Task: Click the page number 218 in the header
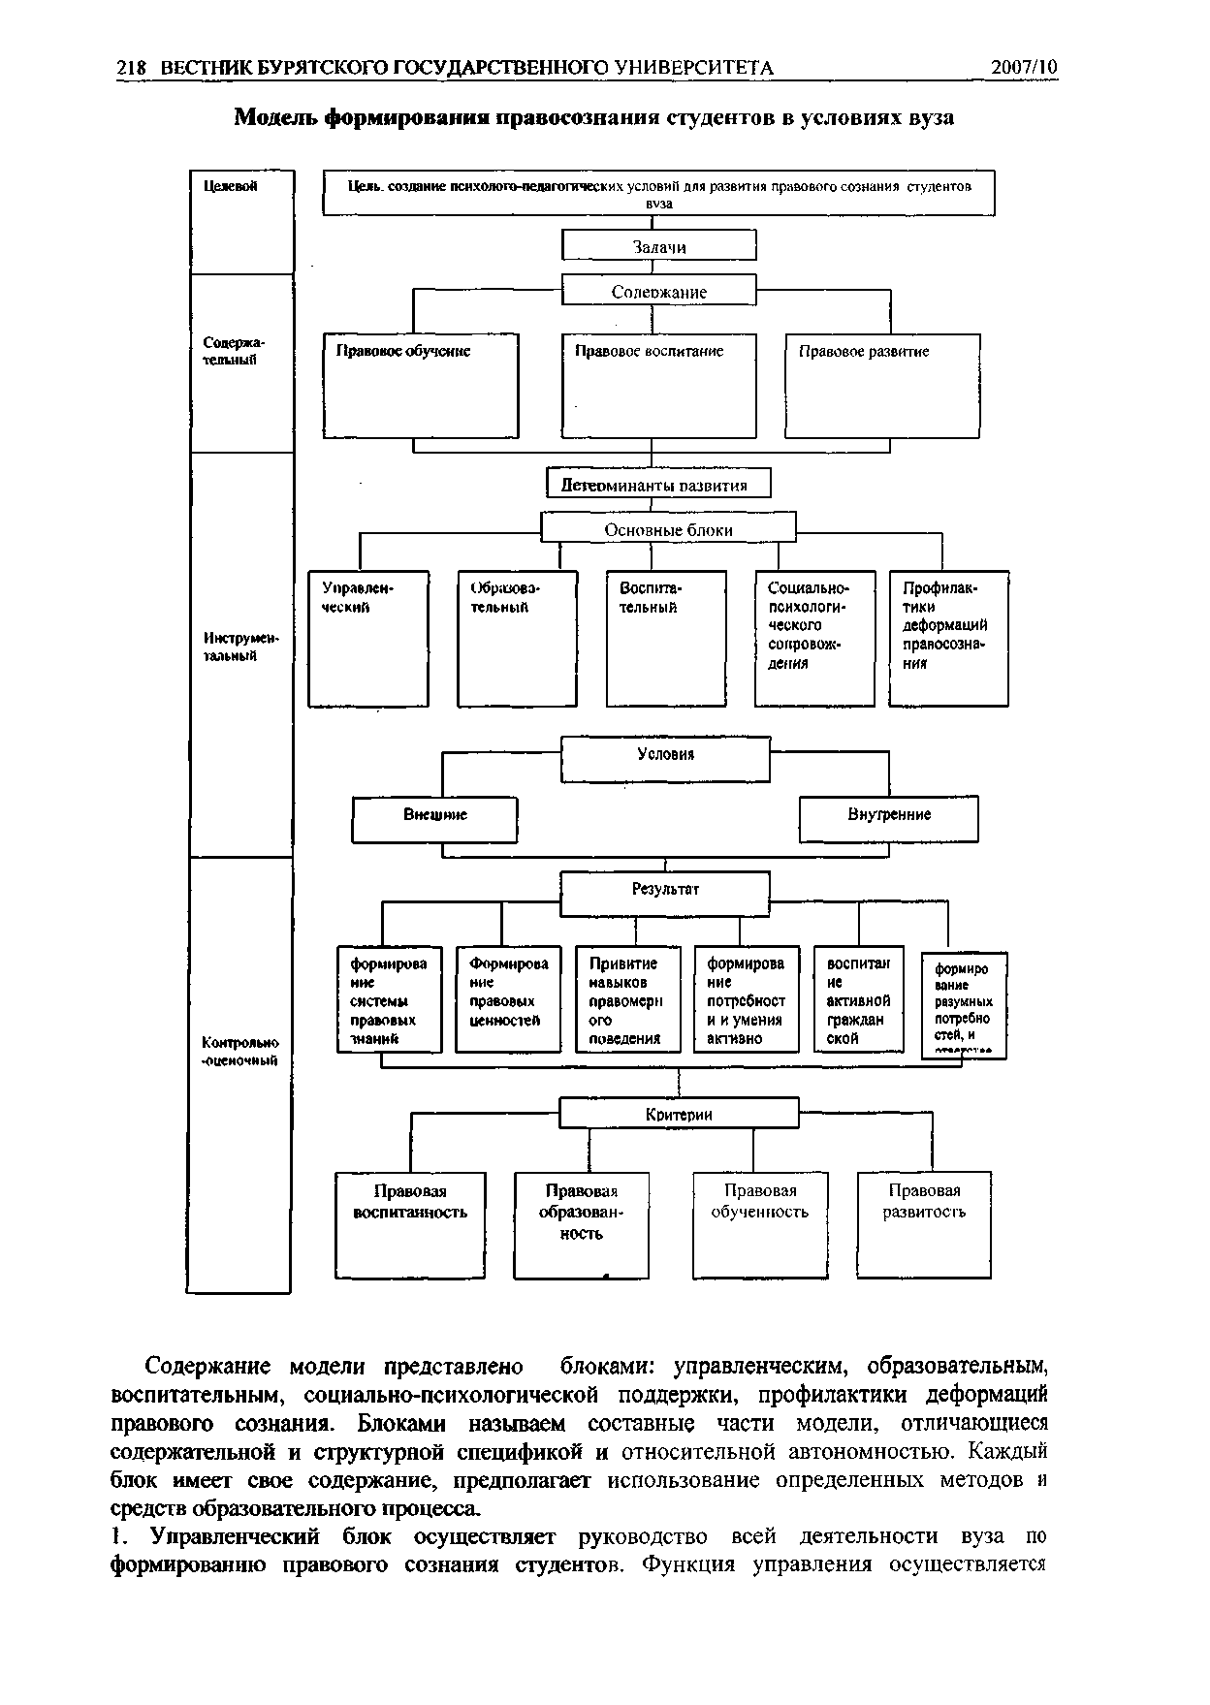coord(131,67)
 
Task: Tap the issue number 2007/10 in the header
coord(1025,67)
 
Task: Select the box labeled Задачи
coord(659,246)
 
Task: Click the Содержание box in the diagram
coord(659,291)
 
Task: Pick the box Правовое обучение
coord(421,385)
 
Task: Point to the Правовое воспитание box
coord(659,385)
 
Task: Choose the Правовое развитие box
coord(882,385)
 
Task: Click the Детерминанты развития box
coord(659,484)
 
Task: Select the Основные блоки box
coord(668,529)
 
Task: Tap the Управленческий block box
coord(368,638)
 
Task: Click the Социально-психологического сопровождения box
coord(814,638)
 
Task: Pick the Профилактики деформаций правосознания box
coord(948,638)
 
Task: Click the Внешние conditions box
coord(434,819)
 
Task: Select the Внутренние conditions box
coord(888,819)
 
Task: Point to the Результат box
coord(666,893)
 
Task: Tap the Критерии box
coord(679,1114)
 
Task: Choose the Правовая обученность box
coord(759,1225)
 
